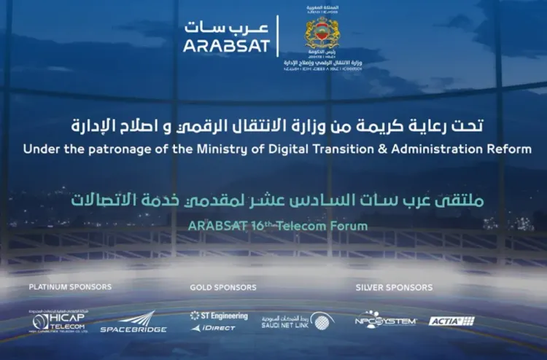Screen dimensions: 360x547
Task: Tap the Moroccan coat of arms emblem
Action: (x=322, y=34)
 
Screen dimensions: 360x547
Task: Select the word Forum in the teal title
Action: (x=348, y=225)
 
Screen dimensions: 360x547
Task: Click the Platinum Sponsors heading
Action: (x=70, y=287)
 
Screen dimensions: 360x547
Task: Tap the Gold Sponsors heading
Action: (x=222, y=287)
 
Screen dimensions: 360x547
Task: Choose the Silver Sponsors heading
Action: (x=394, y=287)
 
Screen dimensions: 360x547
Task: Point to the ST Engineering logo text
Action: (x=219, y=316)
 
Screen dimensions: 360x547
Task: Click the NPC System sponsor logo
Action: (x=385, y=321)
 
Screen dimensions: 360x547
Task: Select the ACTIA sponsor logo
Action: (x=451, y=321)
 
